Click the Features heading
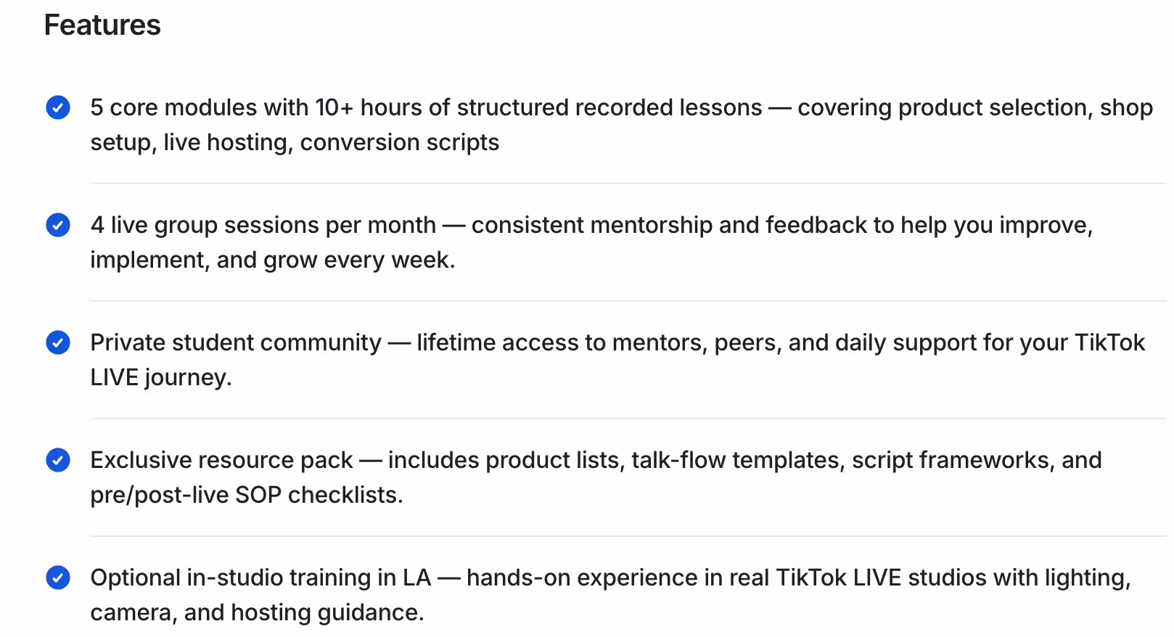click(102, 25)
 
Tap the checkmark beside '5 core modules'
click(57, 107)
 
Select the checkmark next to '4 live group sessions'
click(57, 225)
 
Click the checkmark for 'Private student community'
click(57, 342)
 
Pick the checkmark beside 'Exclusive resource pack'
click(57, 460)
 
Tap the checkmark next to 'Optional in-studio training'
click(57, 578)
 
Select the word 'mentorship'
click(651, 225)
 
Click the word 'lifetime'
click(456, 342)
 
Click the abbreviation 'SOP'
click(258, 495)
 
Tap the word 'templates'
click(788, 461)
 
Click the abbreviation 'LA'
click(416, 578)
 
